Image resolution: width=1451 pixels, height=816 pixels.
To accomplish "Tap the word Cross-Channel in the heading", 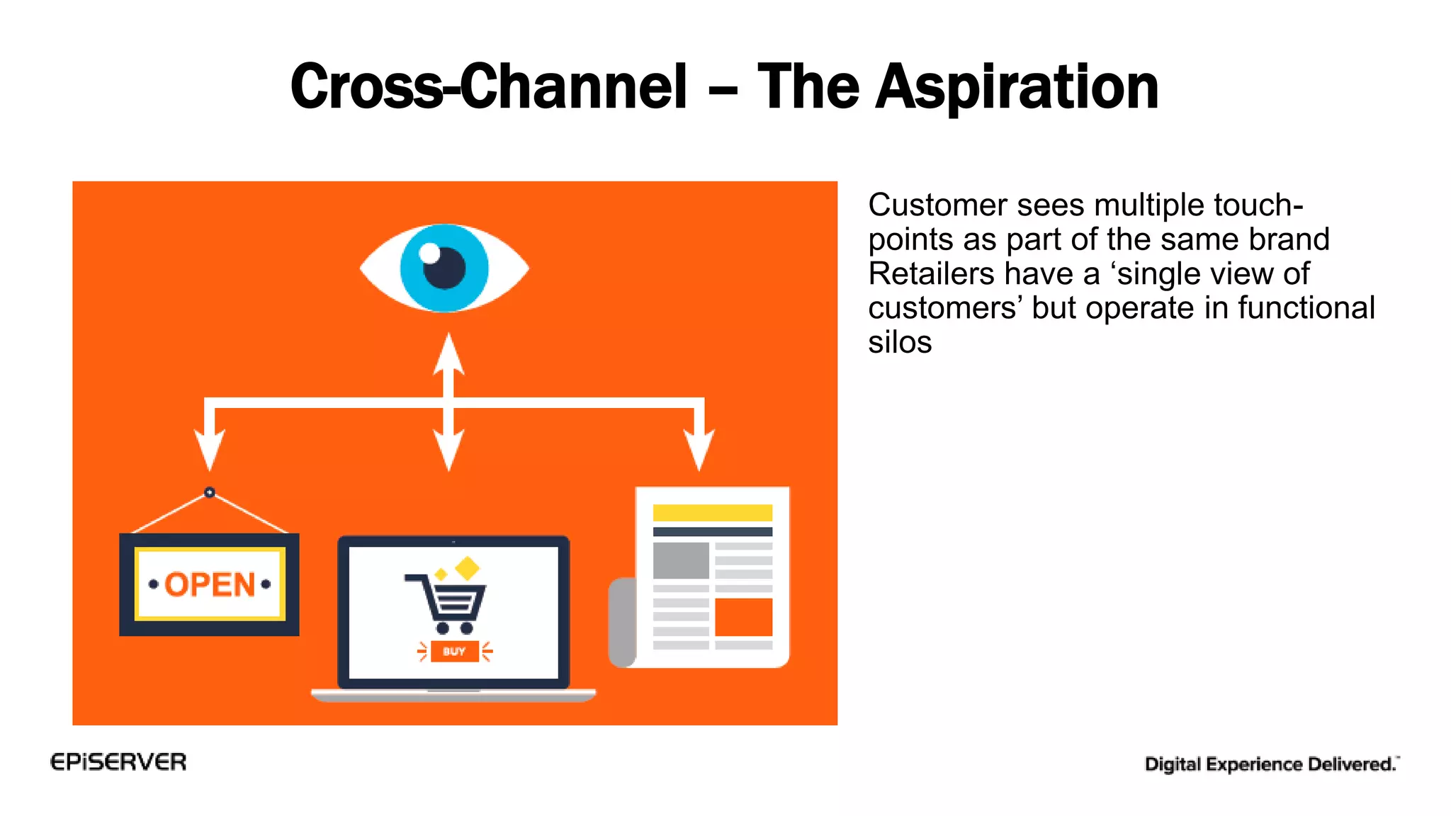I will [489, 88].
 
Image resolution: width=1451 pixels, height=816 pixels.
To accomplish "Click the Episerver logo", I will [118, 762].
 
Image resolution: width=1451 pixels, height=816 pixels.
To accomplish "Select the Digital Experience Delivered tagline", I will [1271, 764].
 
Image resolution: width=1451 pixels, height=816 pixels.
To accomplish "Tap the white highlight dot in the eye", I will [429, 253].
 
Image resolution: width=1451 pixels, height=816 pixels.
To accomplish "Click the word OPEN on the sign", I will [210, 585].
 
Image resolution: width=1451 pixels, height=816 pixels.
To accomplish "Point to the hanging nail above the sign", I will [210, 492].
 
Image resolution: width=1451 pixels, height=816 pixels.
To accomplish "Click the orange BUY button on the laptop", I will [454, 651].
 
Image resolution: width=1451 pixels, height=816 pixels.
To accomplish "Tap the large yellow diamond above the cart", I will [468, 567].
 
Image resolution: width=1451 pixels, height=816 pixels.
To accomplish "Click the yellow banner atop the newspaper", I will [712, 513].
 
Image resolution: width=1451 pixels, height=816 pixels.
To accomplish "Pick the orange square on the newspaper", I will [743, 617].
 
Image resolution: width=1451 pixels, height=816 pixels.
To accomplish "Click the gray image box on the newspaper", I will [681, 560].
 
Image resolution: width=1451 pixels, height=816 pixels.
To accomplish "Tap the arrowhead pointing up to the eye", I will [448, 353].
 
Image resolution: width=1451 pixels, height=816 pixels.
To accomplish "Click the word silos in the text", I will [900, 343].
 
